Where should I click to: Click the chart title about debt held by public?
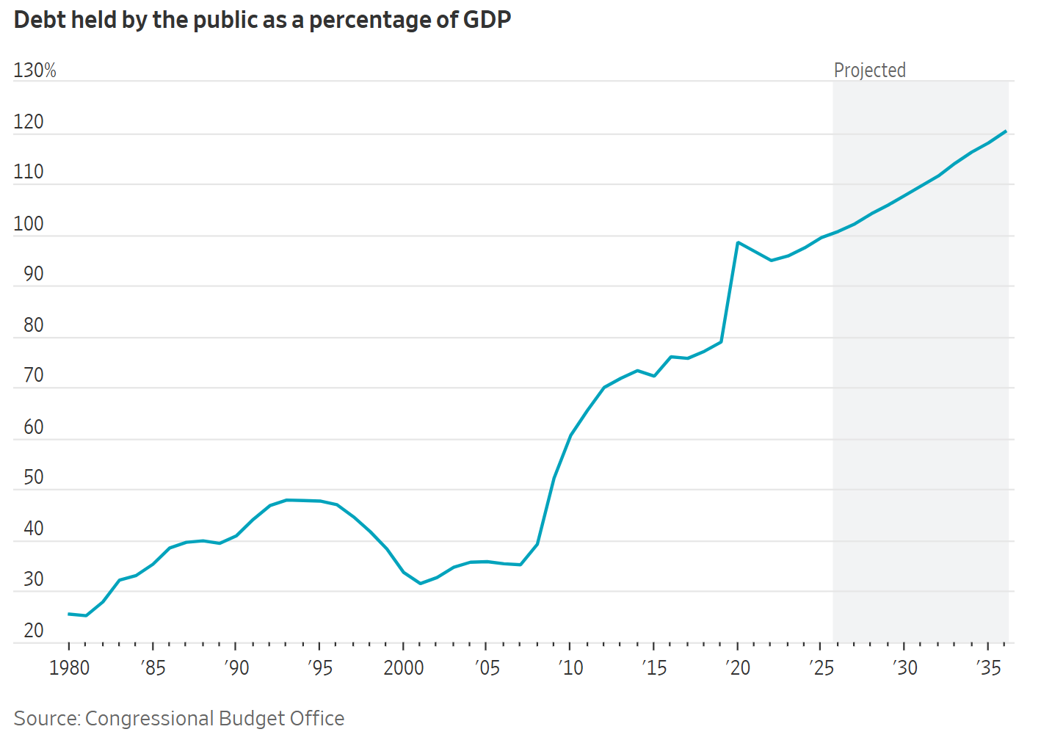[x=262, y=20]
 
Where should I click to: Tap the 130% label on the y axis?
[x=35, y=70]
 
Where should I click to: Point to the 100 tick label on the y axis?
[x=29, y=224]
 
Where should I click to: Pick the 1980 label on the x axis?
[x=69, y=667]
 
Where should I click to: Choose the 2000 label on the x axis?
[x=404, y=667]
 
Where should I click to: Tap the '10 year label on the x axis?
[x=570, y=667]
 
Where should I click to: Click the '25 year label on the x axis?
[x=821, y=667]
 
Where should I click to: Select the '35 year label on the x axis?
[x=988, y=667]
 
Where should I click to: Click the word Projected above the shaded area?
[x=869, y=70]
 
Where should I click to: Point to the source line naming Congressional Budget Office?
[x=179, y=718]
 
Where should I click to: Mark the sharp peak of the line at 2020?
[x=737, y=242]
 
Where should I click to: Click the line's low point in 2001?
[x=420, y=583]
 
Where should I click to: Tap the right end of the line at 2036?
[x=1005, y=131]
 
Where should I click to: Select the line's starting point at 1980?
[x=69, y=614]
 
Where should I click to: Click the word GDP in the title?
[x=487, y=20]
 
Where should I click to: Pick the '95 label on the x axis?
[x=319, y=667]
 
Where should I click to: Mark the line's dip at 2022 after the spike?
[x=771, y=260]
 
